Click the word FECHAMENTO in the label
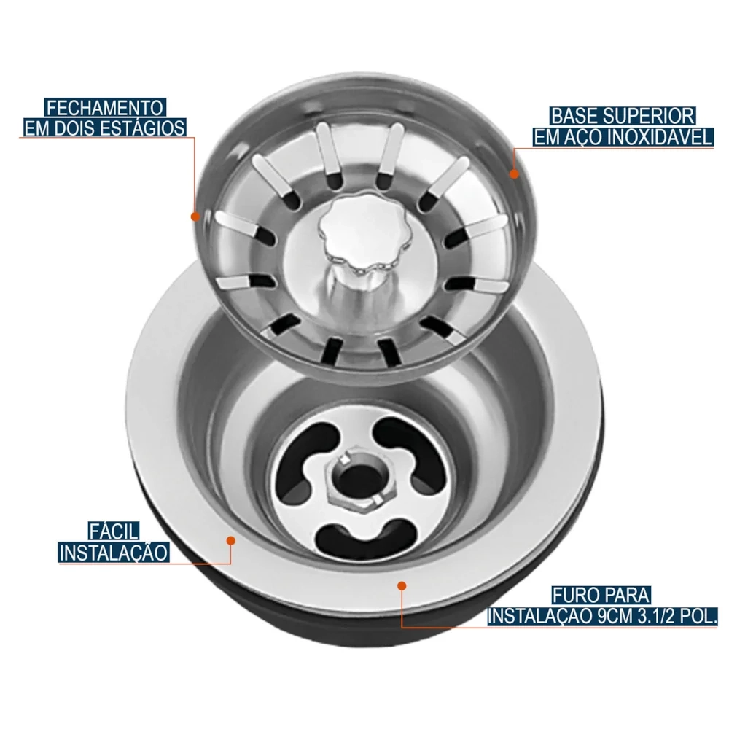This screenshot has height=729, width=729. click(105, 108)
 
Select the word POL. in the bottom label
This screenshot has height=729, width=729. click(696, 617)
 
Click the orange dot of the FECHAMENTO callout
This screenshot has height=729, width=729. click(195, 217)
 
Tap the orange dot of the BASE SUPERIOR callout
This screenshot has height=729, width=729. click(514, 174)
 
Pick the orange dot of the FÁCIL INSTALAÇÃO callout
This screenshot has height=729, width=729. click(230, 540)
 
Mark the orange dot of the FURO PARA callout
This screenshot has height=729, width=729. click(401, 585)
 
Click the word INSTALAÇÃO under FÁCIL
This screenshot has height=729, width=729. click(114, 552)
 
